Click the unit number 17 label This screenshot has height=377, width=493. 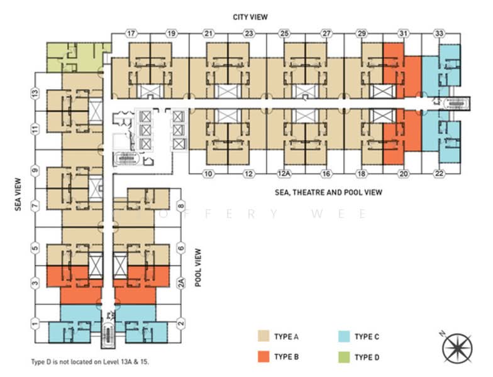point(131,33)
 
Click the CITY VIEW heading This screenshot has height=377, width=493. point(250,17)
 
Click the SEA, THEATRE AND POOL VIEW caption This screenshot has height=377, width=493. point(328,192)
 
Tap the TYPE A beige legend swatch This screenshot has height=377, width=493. point(263,337)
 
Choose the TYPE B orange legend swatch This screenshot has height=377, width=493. point(263,358)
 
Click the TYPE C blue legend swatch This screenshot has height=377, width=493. point(344,337)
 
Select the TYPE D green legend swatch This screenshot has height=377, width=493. point(344,358)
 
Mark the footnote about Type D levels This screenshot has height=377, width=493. point(91,363)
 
